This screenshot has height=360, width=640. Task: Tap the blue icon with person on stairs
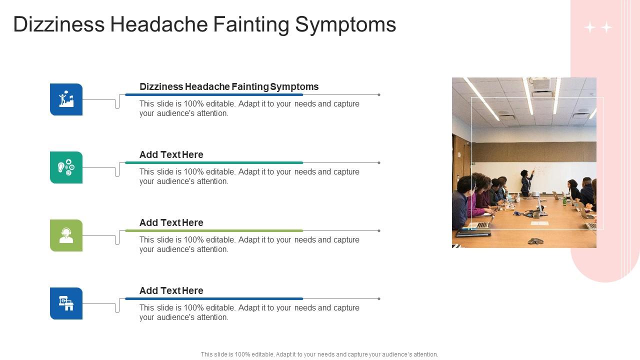(x=66, y=99)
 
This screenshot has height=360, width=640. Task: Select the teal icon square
(x=66, y=167)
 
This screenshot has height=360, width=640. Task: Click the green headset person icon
(x=66, y=235)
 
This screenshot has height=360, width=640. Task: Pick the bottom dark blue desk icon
(x=66, y=303)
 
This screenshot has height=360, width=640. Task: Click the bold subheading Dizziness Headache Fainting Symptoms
(x=229, y=86)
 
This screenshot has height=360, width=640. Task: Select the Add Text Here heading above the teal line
(x=171, y=154)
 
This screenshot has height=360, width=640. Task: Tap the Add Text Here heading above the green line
(x=171, y=222)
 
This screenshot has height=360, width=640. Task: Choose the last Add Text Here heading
(x=171, y=290)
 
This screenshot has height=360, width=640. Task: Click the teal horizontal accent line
(x=214, y=162)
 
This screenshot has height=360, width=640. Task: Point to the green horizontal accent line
(x=214, y=230)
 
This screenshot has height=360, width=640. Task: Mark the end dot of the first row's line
(x=379, y=94)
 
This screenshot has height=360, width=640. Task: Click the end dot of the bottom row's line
(x=379, y=298)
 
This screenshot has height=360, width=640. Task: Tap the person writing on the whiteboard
(x=526, y=182)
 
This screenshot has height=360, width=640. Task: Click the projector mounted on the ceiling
(x=541, y=85)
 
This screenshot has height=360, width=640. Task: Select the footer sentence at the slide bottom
(x=319, y=354)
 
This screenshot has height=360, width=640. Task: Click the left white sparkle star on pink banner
(x=590, y=27)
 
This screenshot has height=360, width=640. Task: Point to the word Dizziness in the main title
(x=59, y=24)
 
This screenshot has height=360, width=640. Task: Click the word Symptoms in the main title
(x=346, y=24)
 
